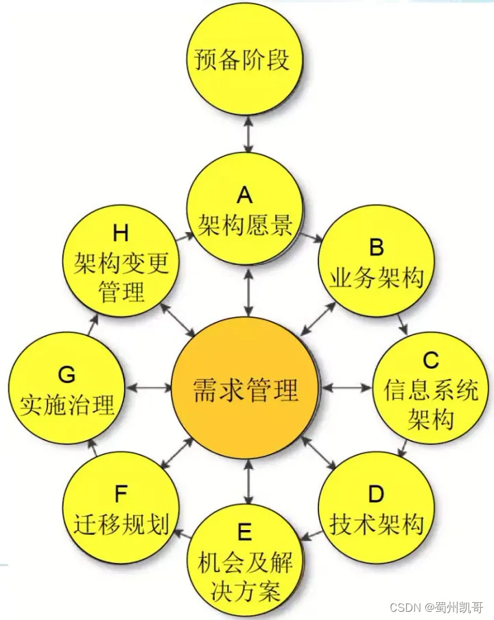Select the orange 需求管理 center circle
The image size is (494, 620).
coord(246,390)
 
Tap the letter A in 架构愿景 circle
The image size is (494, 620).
coord(245,197)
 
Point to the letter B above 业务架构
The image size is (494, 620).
coord(376,249)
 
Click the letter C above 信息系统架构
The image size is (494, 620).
coord(430,360)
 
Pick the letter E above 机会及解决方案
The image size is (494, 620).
coord(245,532)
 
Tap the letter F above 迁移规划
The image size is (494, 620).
coord(121,494)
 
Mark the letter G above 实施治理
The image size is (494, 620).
coord(67,375)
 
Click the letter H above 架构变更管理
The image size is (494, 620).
coord(121,233)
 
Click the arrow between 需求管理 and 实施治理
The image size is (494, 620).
coord(148,389)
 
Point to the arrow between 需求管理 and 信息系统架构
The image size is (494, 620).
coord(347,389)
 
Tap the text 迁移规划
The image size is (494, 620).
coord(121,523)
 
